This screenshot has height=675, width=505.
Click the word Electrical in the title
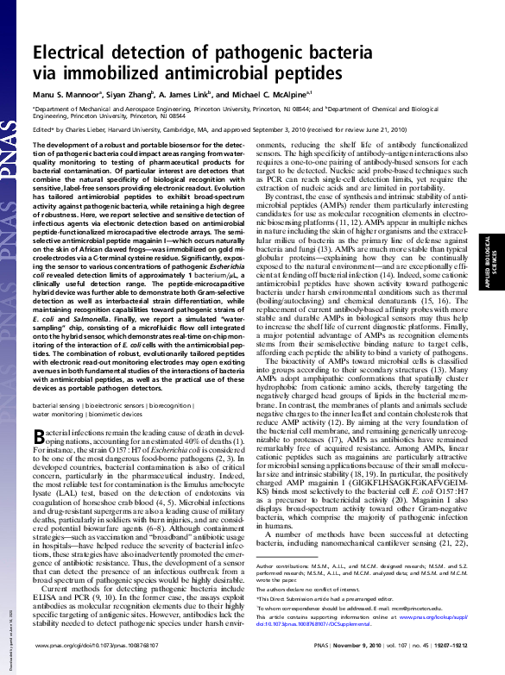[x=70, y=54]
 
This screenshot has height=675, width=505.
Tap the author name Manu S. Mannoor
[x=66, y=93]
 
